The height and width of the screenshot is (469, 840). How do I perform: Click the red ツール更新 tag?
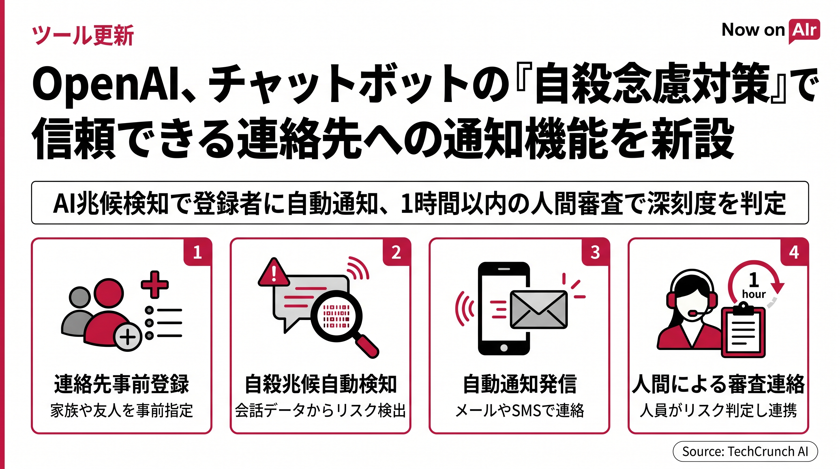[x=83, y=35]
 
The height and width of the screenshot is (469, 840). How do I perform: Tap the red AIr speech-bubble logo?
[x=804, y=31]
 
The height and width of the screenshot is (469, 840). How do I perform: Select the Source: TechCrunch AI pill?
[x=745, y=451]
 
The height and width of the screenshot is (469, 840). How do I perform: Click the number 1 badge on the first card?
[x=197, y=252]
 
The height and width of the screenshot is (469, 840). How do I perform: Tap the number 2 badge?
[x=396, y=252]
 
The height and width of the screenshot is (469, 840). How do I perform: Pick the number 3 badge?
[x=596, y=252]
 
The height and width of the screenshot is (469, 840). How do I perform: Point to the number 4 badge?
[x=794, y=252]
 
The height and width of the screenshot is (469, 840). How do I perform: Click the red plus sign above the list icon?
[x=154, y=284]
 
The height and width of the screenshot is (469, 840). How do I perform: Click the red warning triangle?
[x=273, y=273]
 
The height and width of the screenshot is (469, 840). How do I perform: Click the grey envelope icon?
[x=538, y=310]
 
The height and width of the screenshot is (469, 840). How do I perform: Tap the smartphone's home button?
[x=504, y=348]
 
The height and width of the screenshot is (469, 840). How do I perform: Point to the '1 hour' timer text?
[x=753, y=285]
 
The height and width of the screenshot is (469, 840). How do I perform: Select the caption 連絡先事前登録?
[x=121, y=384]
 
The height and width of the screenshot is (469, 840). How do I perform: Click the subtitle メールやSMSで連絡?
[x=520, y=411]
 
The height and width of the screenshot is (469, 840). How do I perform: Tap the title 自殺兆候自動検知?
[x=320, y=384]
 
